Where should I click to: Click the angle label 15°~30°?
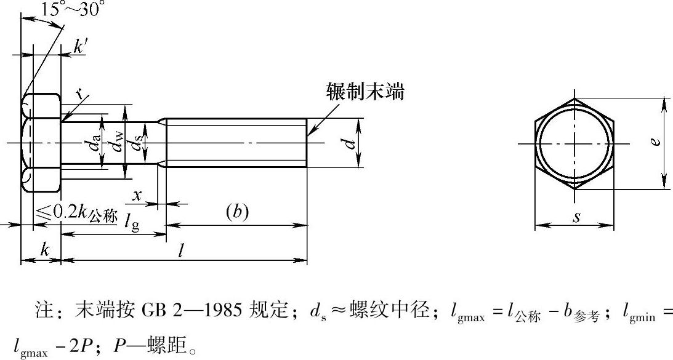(73, 9)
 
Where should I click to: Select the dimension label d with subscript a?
(95, 142)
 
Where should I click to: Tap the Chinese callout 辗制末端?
(365, 92)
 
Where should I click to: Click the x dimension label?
(137, 196)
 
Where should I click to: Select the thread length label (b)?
(237, 212)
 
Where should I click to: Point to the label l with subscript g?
(132, 222)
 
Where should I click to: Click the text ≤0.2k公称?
(76, 215)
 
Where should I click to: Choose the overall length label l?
(181, 250)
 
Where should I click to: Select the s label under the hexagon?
(576, 218)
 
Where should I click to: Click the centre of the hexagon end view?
(574, 143)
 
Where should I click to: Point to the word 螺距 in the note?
(164, 345)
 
